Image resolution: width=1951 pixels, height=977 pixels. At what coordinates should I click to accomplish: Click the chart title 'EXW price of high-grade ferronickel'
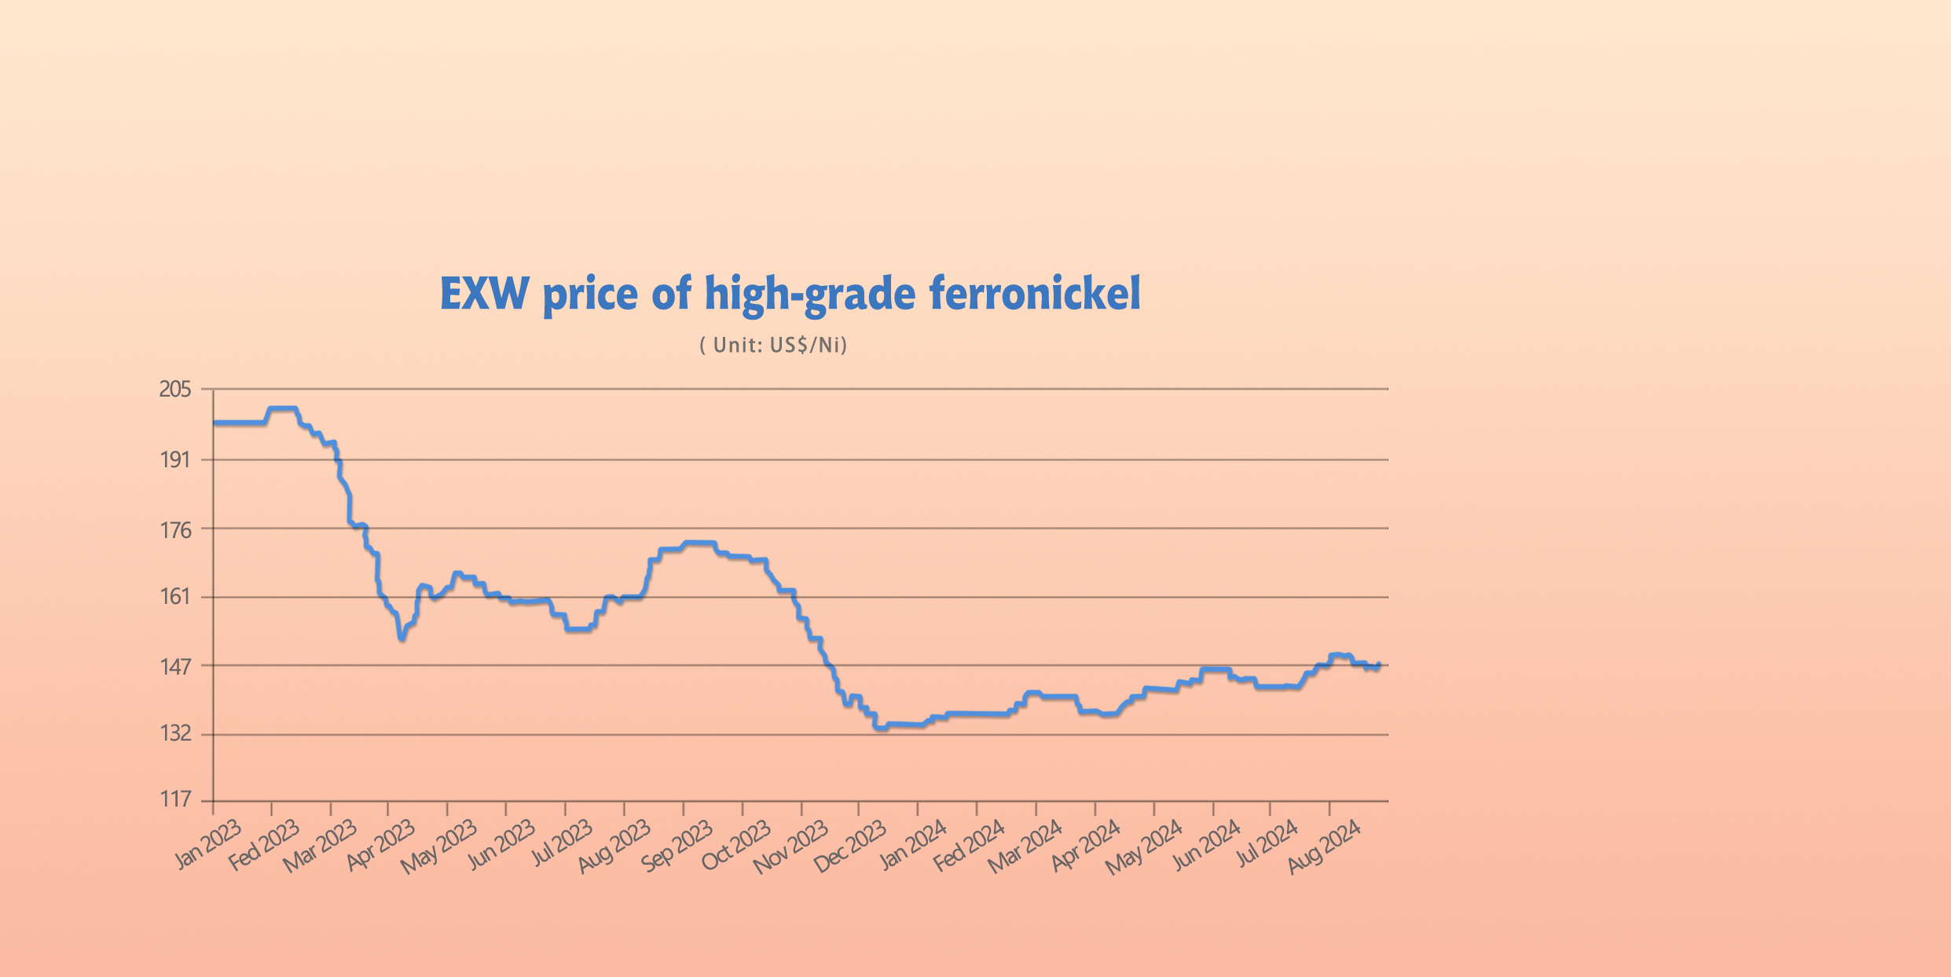(x=790, y=295)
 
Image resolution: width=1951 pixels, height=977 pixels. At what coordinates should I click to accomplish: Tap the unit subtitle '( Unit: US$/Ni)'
(x=773, y=346)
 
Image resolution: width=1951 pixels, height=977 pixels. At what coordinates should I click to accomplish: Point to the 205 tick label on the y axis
(x=175, y=390)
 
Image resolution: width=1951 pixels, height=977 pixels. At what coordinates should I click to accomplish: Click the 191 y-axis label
(x=175, y=459)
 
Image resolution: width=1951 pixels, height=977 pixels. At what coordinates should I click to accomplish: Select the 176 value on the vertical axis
(x=175, y=530)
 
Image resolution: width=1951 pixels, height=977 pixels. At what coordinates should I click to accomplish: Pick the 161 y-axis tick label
(x=175, y=597)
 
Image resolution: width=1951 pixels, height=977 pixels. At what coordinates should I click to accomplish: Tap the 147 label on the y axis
(x=175, y=667)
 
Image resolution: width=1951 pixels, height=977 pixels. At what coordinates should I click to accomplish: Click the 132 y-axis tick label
(x=175, y=734)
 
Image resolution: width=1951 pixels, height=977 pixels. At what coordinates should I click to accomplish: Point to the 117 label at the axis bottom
(x=175, y=800)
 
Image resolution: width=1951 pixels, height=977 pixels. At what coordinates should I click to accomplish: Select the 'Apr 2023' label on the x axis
(x=380, y=845)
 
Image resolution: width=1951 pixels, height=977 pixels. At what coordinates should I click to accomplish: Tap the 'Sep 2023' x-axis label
(x=677, y=845)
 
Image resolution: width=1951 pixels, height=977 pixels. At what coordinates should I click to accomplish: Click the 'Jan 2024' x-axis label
(x=912, y=845)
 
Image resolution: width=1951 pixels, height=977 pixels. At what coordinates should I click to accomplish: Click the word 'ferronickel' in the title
(x=1034, y=295)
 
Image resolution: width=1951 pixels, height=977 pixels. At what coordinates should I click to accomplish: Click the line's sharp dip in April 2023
(x=402, y=638)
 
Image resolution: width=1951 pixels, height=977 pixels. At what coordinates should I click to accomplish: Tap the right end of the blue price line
(x=1379, y=664)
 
